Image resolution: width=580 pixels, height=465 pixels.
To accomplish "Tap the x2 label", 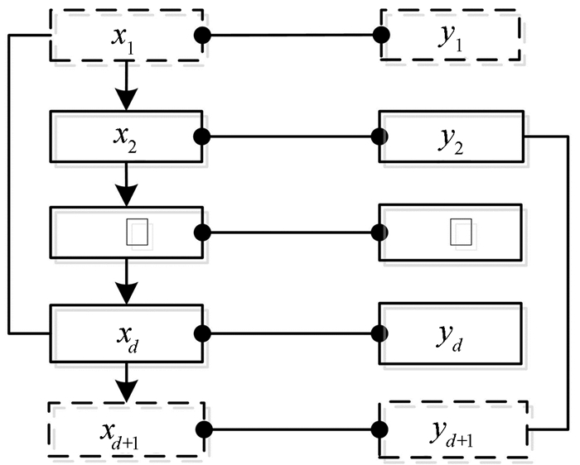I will coord(126,135).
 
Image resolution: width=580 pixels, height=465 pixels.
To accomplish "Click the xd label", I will coord(126,336).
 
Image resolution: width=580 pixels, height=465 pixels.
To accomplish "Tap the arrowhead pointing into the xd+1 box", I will coord(126,388).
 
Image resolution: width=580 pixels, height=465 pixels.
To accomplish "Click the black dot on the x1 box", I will coord(202,36).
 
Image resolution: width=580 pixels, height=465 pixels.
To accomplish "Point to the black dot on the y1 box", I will coord(381,36).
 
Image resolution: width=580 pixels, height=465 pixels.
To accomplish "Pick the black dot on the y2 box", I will coord(381,136).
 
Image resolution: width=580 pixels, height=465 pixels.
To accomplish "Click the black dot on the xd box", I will coord(202,333).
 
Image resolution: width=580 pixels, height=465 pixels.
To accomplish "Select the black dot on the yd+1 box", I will coord(381,429).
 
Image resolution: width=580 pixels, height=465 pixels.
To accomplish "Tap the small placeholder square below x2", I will coord(138,232).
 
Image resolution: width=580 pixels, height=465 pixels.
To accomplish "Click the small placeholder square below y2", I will coord(461,232).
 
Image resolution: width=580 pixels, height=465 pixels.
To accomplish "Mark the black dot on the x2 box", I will coord(202,136).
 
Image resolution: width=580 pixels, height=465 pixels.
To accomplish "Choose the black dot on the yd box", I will coord(381,333).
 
